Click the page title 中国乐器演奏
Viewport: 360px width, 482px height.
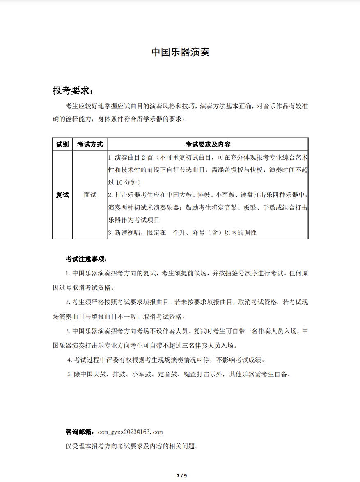point(180,52)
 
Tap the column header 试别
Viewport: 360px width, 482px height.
point(62,145)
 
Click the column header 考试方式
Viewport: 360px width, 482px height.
point(90,145)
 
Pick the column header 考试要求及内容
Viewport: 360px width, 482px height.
point(208,145)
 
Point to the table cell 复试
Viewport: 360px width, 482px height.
point(62,195)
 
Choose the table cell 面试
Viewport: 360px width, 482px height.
point(90,195)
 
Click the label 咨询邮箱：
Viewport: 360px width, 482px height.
point(80,432)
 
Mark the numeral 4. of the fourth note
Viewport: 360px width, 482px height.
point(70,360)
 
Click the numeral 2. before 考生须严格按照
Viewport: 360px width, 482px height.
point(68,303)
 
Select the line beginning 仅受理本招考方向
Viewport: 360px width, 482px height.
point(132,446)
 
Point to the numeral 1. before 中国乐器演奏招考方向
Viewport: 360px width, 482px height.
point(68,273)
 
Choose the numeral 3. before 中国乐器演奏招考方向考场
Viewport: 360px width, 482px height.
point(68,331)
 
